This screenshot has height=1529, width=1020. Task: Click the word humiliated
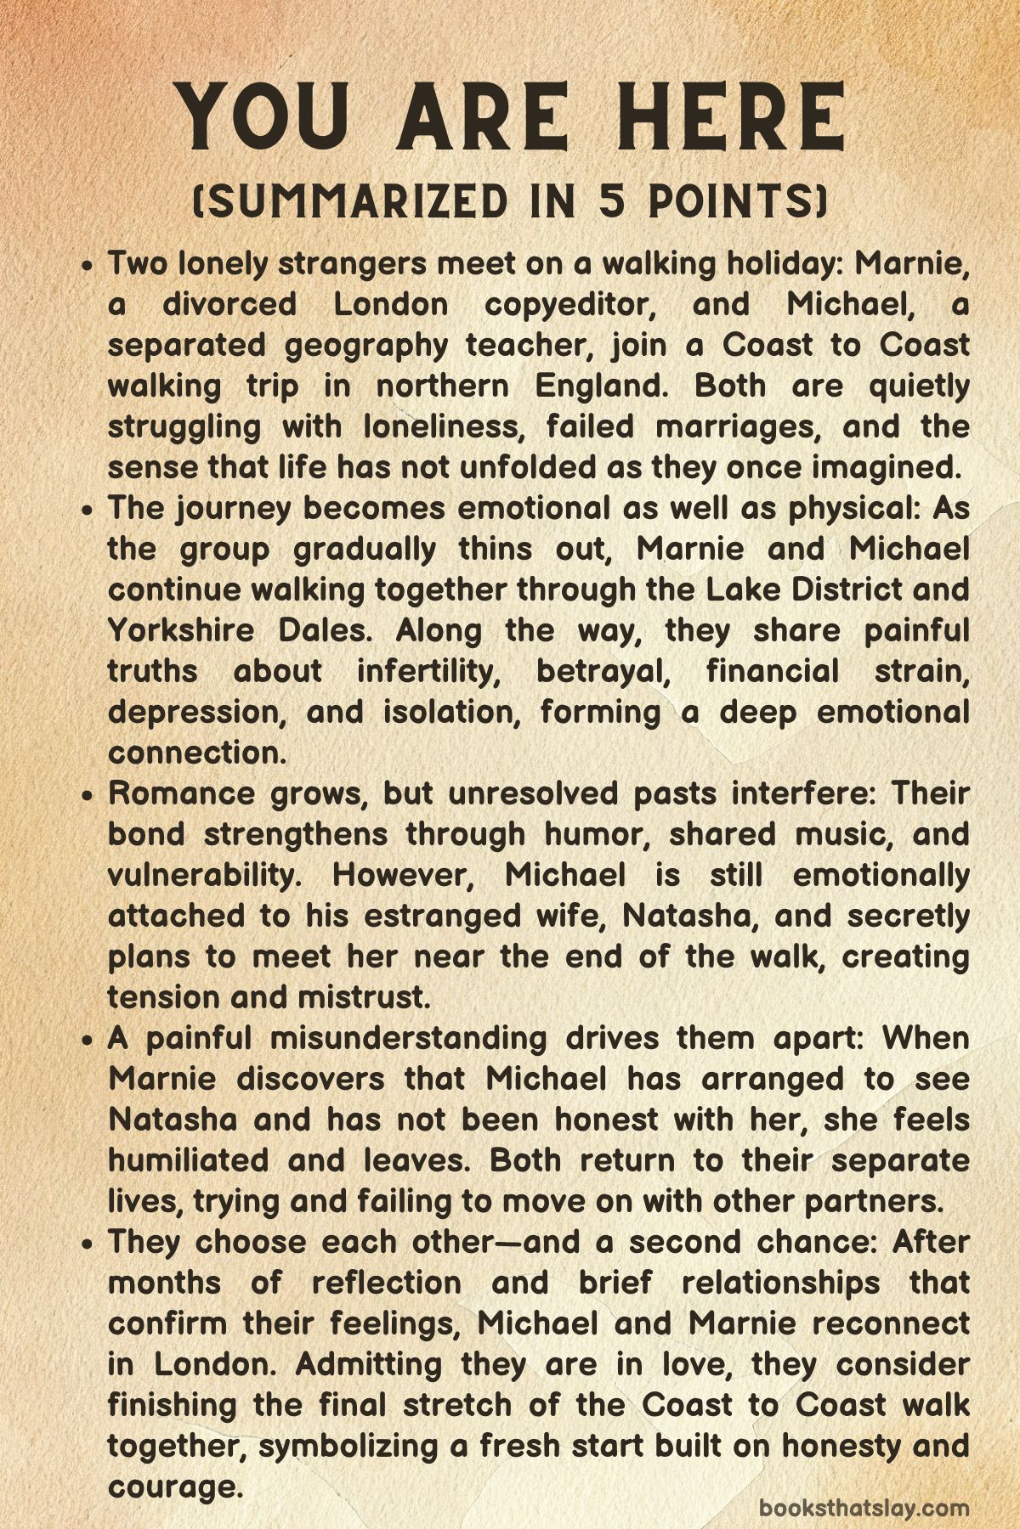point(192,1160)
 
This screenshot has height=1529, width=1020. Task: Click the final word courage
point(171,1487)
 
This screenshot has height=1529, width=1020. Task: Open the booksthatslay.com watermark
point(864,1509)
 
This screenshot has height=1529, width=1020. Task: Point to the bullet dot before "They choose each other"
point(88,1244)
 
